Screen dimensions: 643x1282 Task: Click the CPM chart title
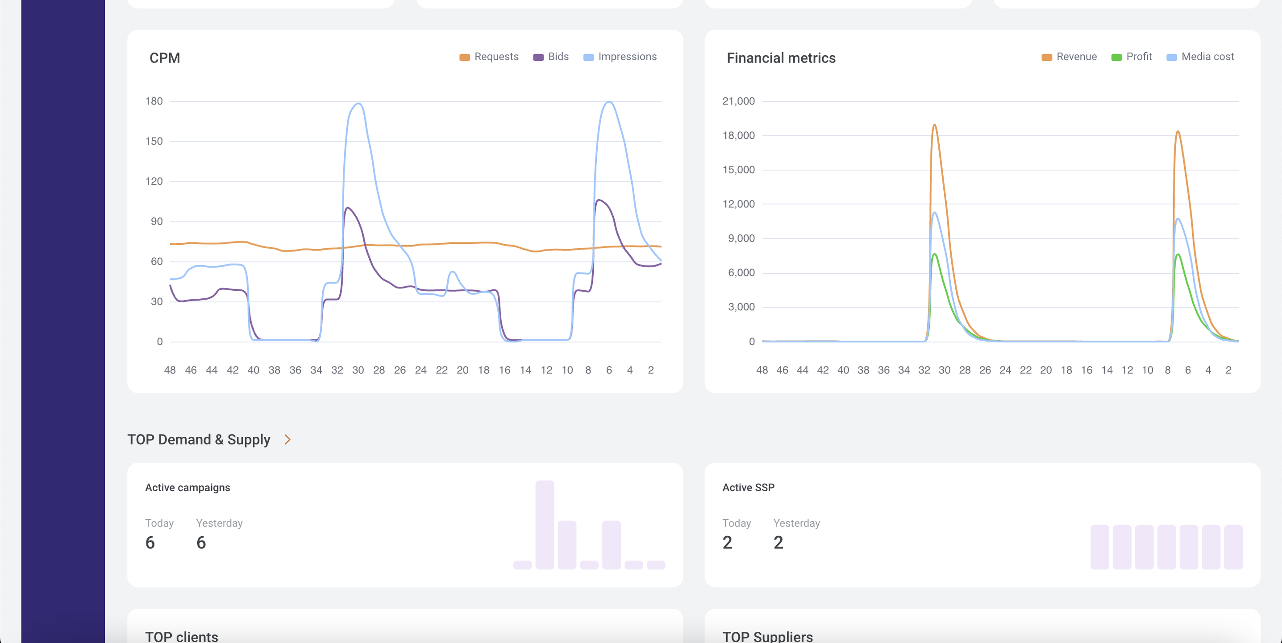pyautogui.click(x=165, y=58)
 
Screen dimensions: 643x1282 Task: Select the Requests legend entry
pyautogui.click(x=489, y=57)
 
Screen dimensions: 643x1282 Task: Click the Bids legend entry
pyautogui.click(x=551, y=57)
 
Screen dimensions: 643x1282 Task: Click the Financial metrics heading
pyautogui.click(x=781, y=58)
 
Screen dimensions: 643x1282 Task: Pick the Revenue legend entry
pyautogui.click(x=1070, y=57)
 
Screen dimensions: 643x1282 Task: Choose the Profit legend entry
pyautogui.click(x=1132, y=57)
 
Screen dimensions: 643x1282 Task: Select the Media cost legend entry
pyautogui.click(x=1200, y=57)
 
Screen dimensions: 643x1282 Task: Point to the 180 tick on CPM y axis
pyautogui.click(x=154, y=101)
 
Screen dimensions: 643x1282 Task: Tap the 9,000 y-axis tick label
pyautogui.click(x=741, y=238)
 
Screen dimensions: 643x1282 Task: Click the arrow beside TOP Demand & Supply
pyautogui.click(x=287, y=439)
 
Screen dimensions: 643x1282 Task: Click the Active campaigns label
pyautogui.click(x=187, y=488)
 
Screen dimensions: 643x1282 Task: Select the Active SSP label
pyautogui.click(x=748, y=488)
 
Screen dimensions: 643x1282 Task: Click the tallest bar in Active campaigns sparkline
pyautogui.click(x=545, y=525)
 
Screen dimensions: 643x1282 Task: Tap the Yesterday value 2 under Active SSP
pyautogui.click(x=778, y=543)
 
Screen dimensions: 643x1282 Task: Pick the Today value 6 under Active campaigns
pyautogui.click(x=150, y=543)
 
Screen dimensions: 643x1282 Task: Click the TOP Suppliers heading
pyautogui.click(x=767, y=637)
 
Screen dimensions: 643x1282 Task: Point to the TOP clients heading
pyautogui.click(x=182, y=637)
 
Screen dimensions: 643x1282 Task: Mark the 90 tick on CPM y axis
pyautogui.click(x=156, y=221)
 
